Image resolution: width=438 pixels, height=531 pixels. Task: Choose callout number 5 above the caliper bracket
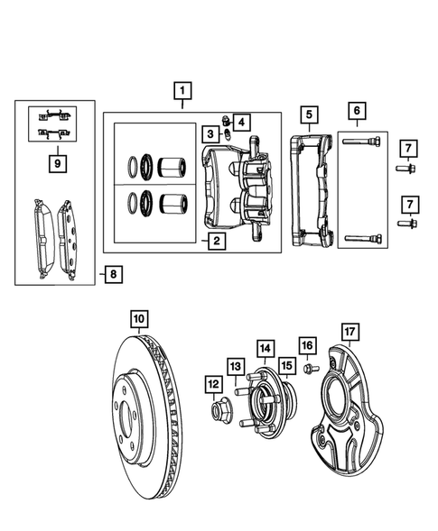pos(309,114)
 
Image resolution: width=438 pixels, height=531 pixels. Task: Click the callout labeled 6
pos(357,112)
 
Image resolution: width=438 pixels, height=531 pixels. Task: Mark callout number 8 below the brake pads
pos(111,271)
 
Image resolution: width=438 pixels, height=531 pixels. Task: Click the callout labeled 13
pos(235,366)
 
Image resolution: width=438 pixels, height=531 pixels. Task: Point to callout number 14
pos(264,347)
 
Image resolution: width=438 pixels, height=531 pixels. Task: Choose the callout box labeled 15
pos(286,365)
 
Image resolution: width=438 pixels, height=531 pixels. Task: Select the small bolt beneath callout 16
pos(307,370)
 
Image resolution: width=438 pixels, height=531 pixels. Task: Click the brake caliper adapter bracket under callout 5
pos(312,189)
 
